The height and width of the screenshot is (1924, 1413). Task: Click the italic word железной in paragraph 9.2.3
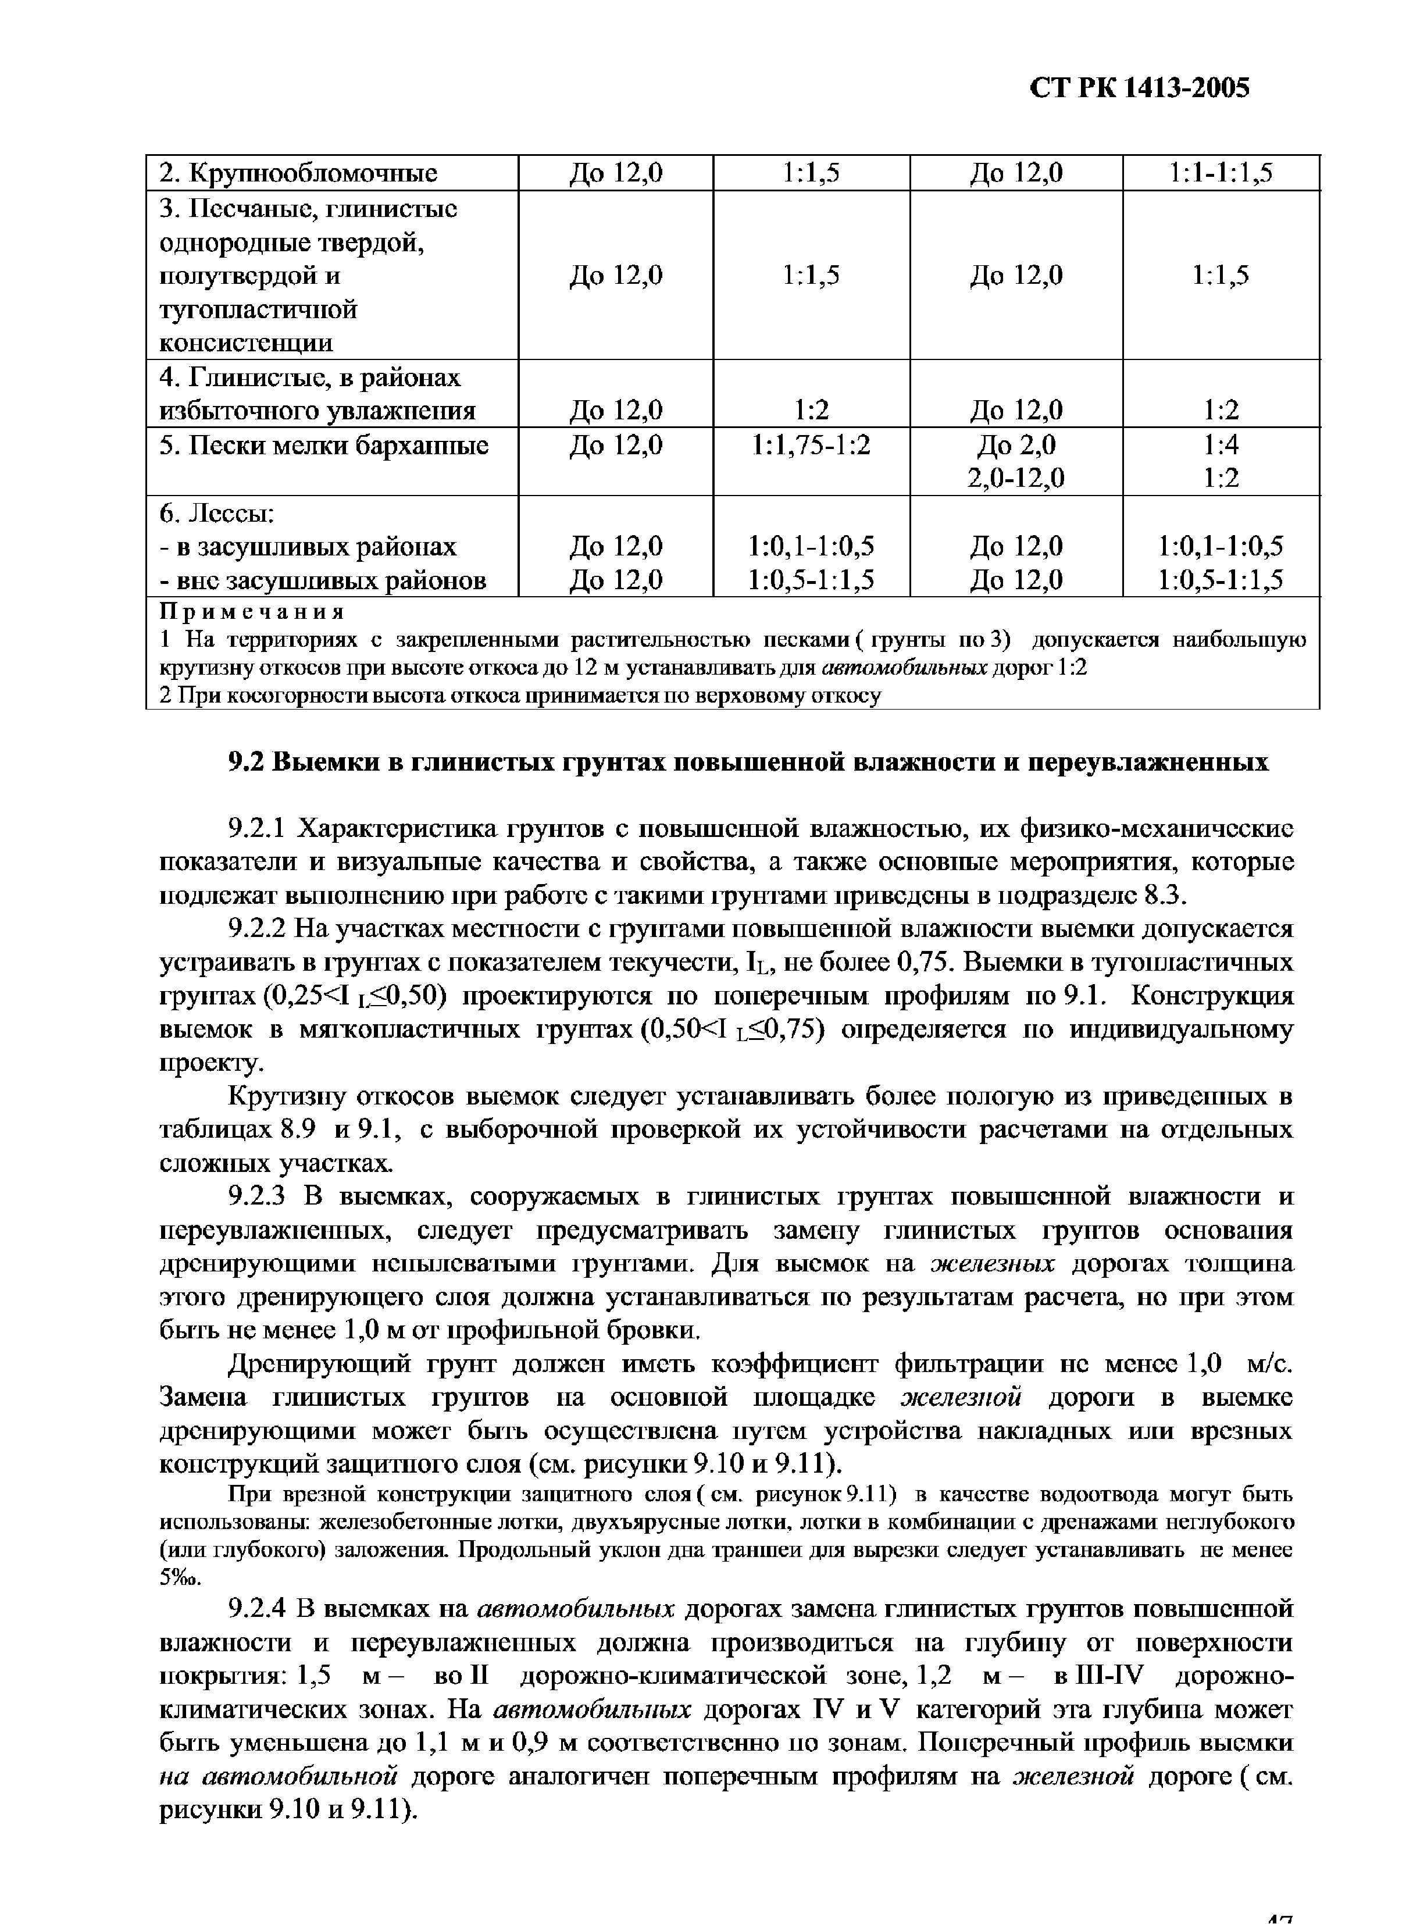pyautogui.click(x=962, y=1397)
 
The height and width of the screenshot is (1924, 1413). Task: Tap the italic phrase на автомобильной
pyautogui.click(x=280, y=1776)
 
